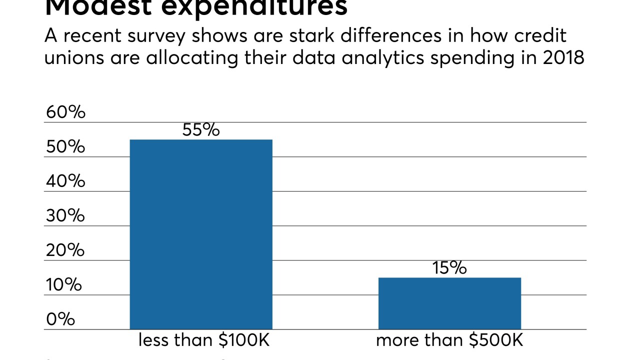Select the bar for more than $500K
(449, 303)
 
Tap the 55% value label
(201, 130)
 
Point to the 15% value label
(449, 268)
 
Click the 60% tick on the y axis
(65, 112)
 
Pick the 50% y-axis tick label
(65, 147)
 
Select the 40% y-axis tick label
(65, 181)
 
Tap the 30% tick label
(65, 216)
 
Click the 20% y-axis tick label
(65, 250)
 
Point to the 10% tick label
(64, 285)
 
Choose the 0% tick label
(60, 319)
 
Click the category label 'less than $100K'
(204, 341)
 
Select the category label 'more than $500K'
(449, 341)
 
